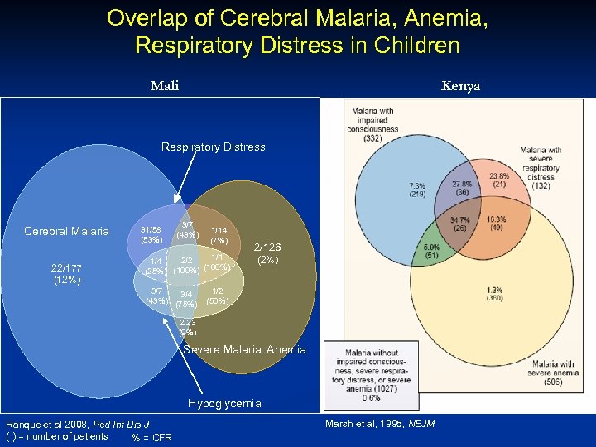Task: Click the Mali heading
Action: tap(165, 86)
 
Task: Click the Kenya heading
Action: tap(460, 86)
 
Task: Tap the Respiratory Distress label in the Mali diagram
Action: tap(213, 147)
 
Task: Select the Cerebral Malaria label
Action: tap(66, 231)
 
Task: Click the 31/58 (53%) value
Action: tap(151, 234)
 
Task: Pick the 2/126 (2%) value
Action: tap(267, 253)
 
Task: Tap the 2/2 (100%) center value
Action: tap(185, 265)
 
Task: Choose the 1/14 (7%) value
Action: tap(219, 235)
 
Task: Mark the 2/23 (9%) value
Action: tap(187, 327)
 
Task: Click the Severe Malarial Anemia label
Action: tap(244, 349)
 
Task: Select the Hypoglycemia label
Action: tap(223, 403)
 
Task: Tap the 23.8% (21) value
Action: tap(498, 180)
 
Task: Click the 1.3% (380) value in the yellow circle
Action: tap(494, 293)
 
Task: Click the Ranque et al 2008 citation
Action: tap(71, 425)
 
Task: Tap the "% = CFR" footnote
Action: tap(151, 438)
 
